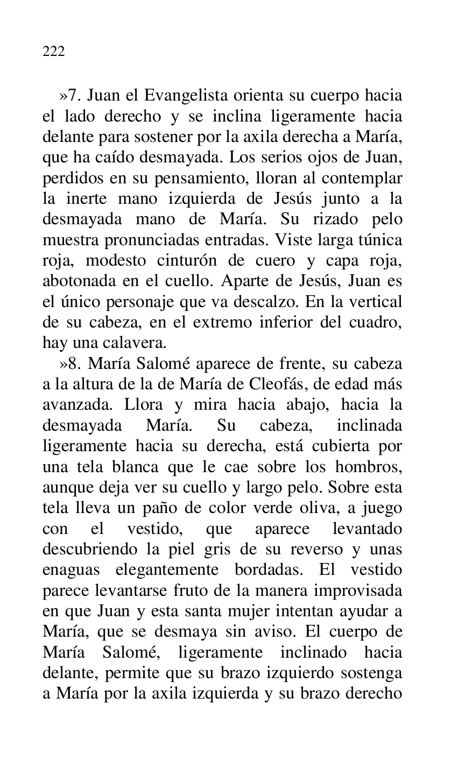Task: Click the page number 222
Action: point(53,52)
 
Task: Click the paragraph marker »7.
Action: point(70,96)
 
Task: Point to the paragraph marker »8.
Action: point(70,364)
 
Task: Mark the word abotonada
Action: point(77,282)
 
